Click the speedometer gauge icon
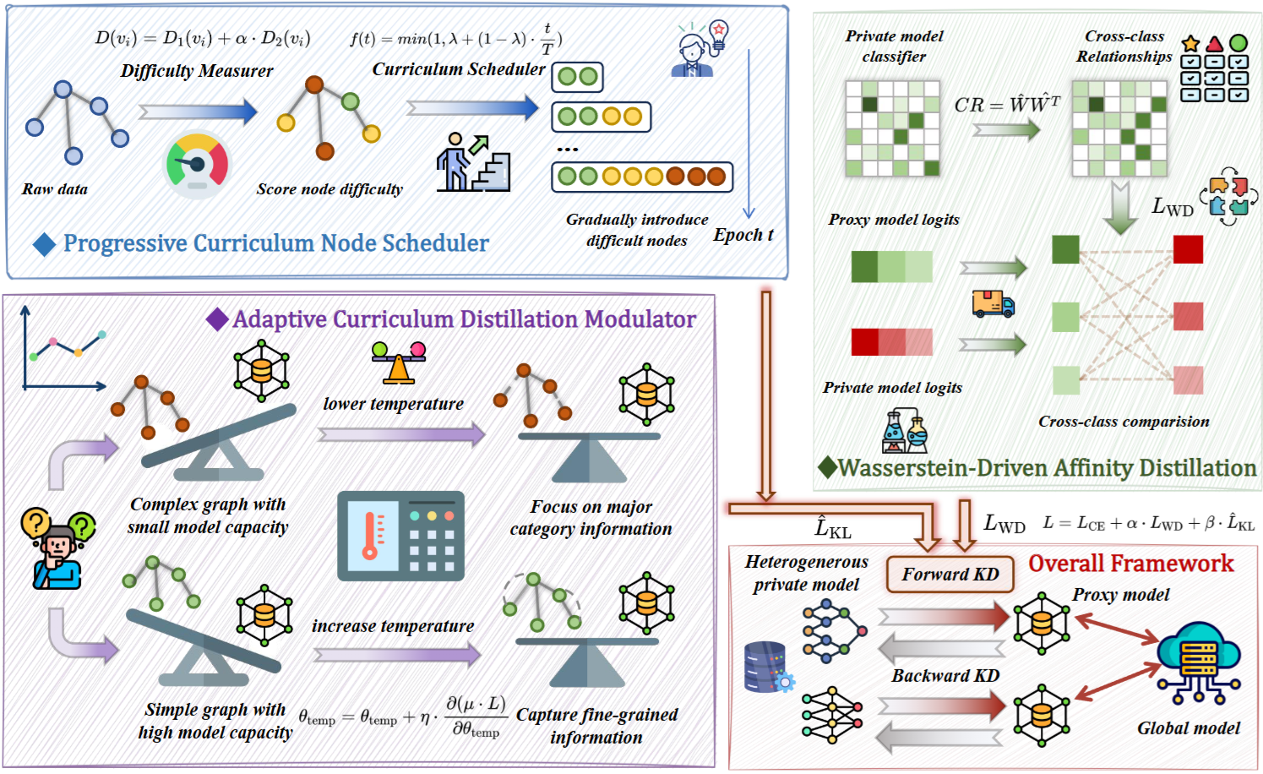[197, 164]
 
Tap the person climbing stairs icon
[473, 162]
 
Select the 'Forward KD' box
[950, 575]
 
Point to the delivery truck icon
[993, 303]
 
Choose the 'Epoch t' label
[743, 235]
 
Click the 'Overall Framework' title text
[1130, 564]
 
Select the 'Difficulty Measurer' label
[197, 71]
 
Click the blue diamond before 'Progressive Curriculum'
[44, 244]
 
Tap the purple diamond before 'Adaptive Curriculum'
[217, 319]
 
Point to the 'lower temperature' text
[393, 404]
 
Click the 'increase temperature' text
[392, 626]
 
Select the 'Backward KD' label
[945, 676]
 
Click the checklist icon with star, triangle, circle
[1214, 68]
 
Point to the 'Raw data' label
[55, 189]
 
